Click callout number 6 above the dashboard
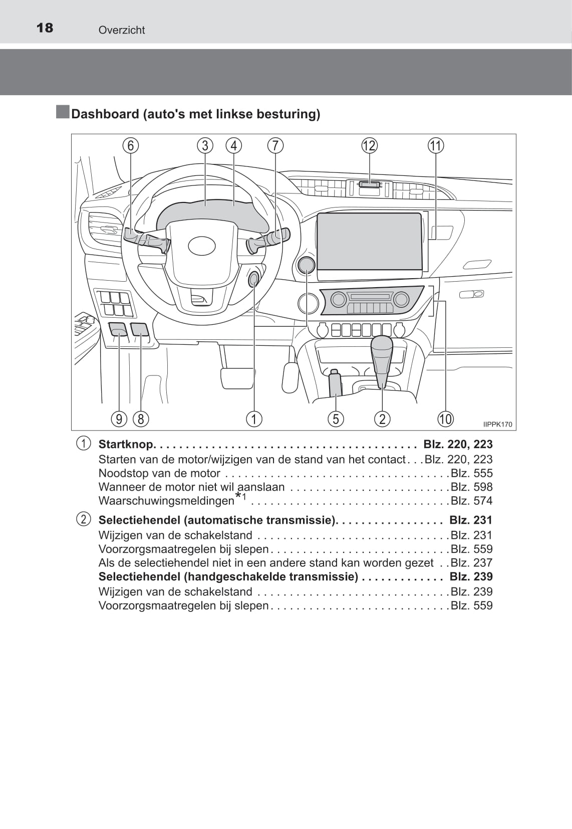pos(131,146)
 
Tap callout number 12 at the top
pos(369,146)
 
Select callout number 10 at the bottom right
pos(445,419)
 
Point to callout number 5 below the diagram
pos(336,419)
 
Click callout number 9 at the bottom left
pos(119,419)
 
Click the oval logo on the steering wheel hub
pos(202,246)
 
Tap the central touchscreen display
pos(370,241)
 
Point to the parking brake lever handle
pos(335,383)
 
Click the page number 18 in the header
pos(45,28)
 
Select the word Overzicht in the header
pos(122,30)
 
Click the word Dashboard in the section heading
pos(105,114)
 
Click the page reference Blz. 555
pos(471,473)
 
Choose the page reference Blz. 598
pos(471,487)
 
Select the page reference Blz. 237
pos(471,563)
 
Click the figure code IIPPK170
pos(497,425)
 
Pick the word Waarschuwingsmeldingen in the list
pos(166,501)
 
